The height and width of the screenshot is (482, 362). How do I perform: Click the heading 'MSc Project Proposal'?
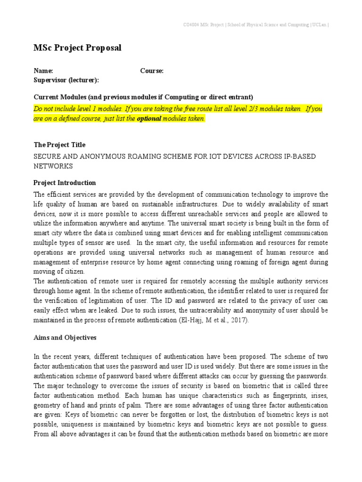click(x=77, y=48)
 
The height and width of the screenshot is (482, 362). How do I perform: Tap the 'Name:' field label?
click(x=40, y=71)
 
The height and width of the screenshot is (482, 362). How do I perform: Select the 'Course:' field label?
click(x=152, y=71)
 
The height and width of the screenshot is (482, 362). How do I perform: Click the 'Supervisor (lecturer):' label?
click(x=66, y=80)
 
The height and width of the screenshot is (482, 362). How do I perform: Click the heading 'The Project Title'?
click(x=59, y=145)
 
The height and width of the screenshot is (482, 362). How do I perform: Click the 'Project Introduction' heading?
click(x=65, y=183)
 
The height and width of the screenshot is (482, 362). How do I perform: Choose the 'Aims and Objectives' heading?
click(x=65, y=337)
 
